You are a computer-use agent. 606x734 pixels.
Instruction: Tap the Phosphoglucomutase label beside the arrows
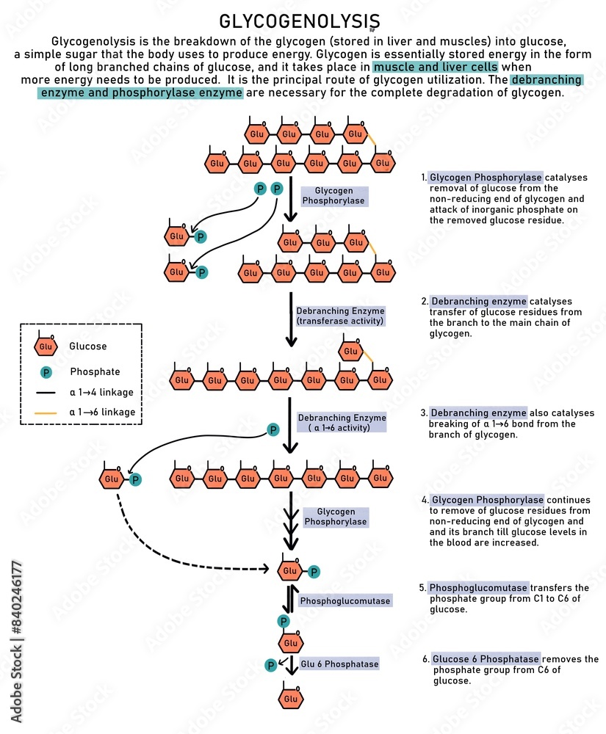(345, 600)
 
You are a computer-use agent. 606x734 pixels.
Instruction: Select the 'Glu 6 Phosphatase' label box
(339, 664)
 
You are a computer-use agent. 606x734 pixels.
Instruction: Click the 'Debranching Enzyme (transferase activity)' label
(339, 316)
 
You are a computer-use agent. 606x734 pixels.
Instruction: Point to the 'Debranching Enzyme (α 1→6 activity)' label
(342, 423)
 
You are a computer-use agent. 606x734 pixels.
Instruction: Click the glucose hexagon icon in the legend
(46, 346)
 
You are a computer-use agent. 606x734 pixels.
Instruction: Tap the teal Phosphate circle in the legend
(46, 372)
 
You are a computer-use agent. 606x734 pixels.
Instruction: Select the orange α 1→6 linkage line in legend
(46, 413)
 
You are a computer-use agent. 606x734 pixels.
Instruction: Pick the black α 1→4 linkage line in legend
(46, 393)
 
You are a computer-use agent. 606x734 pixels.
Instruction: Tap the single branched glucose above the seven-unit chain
(351, 350)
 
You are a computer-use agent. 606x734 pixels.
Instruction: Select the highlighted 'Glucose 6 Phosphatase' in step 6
(486, 659)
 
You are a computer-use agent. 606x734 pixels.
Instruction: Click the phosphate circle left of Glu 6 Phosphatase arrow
(270, 665)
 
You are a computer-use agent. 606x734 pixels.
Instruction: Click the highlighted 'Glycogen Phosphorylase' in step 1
(486, 178)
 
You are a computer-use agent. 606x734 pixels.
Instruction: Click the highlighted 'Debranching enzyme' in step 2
(479, 302)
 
